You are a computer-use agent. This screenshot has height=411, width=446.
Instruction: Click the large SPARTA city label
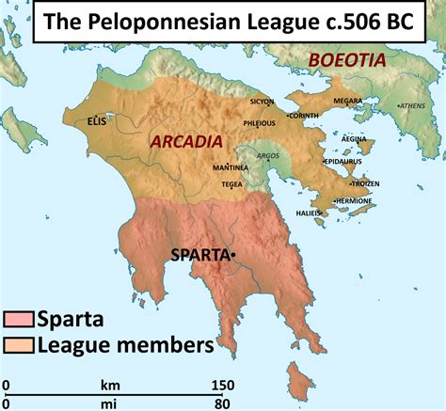click(199, 254)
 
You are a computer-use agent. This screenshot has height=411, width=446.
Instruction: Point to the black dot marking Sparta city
click(231, 254)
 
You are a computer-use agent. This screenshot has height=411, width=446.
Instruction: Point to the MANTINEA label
click(231, 166)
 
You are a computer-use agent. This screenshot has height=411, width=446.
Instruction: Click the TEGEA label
click(231, 184)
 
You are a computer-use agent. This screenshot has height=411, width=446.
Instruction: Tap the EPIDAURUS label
click(342, 162)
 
